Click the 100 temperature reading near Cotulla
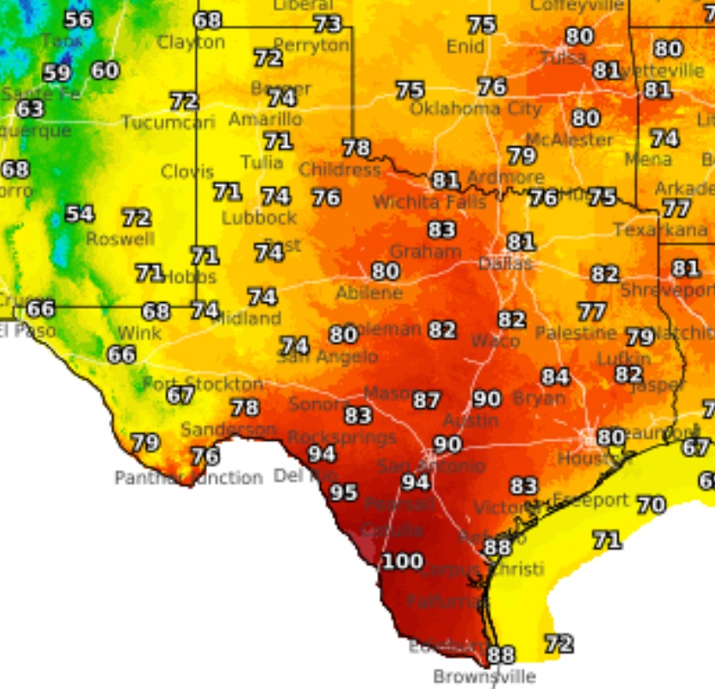click(x=401, y=561)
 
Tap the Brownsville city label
click(x=484, y=676)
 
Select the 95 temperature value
click(x=344, y=492)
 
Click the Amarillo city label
click(x=265, y=119)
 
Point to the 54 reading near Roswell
click(x=80, y=214)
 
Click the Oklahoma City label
click(x=476, y=109)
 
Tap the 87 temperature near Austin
click(x=427, y=400)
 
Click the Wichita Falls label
click(x=429, y=203)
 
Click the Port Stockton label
click(x=203, y=383)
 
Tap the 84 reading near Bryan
click(x=555, y=377)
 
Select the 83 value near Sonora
click(x=357, y=415)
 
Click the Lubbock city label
click(x=259, y=217)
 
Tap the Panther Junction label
click(x=188, y=478)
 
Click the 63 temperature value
click(x=30, y=109)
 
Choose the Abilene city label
click(x=369, y=293)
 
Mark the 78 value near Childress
click(x=356, y=148)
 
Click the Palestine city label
click(x=576, y=332)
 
